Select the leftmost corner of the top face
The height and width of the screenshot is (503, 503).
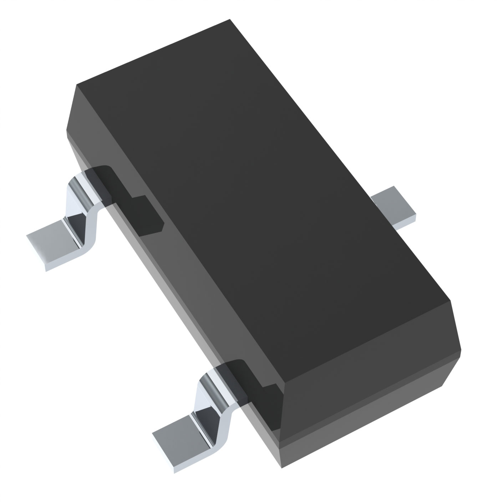(x=76, y=85)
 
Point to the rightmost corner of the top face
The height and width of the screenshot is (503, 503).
(x=450, y=301)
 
